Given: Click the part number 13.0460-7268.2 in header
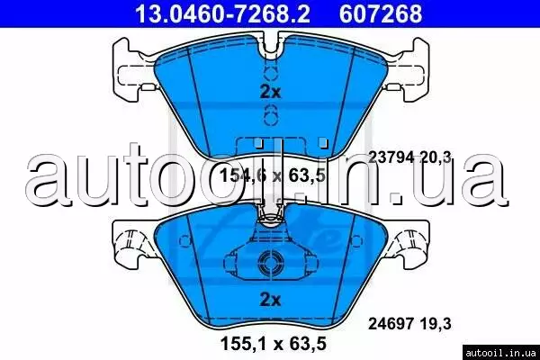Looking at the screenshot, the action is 222,13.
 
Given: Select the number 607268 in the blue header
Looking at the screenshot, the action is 381,13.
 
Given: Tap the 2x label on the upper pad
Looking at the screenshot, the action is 270,92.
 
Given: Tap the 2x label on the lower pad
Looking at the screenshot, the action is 270,300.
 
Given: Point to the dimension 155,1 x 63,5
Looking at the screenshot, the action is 273,344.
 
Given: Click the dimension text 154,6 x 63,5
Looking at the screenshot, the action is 272,175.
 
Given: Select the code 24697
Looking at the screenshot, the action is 391,324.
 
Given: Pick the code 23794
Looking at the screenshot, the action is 391,157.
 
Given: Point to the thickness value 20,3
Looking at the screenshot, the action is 436,157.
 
